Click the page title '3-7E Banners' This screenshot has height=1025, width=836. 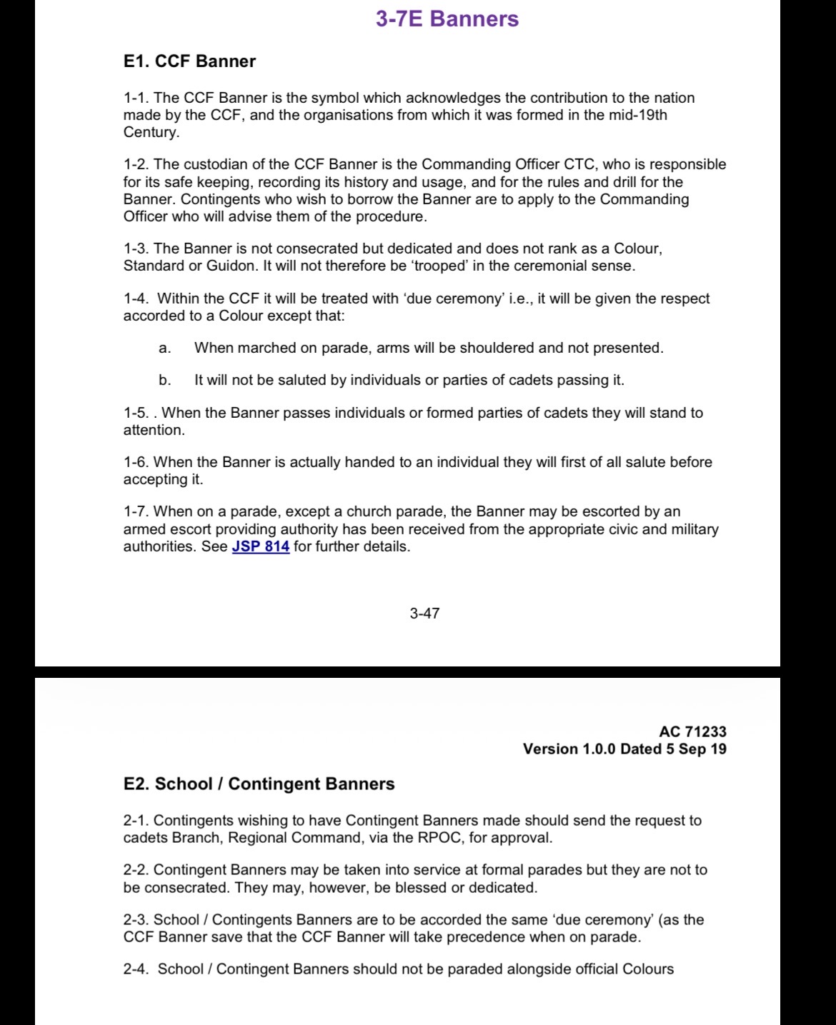(447, 19)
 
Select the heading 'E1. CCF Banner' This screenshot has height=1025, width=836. (189, 61)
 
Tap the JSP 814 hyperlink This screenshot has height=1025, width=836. (261, 547)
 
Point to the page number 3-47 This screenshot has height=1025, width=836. (424, 613)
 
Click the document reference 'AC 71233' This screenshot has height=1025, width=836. (692, 731)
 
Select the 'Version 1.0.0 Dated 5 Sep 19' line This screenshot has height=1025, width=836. (624, 749)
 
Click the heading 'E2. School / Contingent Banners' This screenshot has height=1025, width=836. (259, 784)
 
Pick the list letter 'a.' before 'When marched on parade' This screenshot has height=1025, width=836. (164, 349)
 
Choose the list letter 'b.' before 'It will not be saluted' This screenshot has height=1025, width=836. (164, 381)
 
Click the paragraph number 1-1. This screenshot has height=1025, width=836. (136, 98)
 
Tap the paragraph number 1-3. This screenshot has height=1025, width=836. (136, 249)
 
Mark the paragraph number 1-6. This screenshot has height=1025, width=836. (136, 463)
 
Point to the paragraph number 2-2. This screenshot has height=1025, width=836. (136, 870)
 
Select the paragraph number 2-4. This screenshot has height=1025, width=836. (136, 969)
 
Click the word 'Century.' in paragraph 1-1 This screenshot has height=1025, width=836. (151, 132)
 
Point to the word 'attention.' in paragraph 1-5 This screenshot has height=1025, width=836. (154, 430)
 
